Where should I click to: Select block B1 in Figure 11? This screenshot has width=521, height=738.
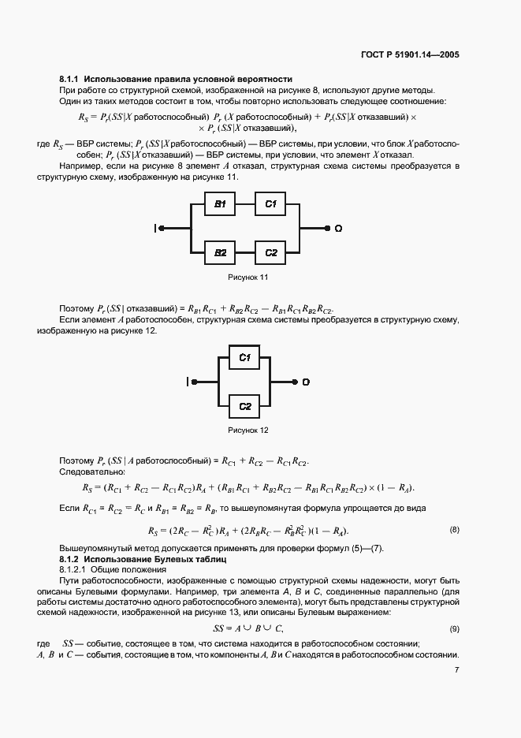220,204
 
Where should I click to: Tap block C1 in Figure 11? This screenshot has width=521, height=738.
270,204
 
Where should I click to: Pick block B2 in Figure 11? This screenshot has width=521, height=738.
220,252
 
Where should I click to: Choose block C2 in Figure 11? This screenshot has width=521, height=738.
270,252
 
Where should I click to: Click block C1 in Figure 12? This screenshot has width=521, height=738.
244,358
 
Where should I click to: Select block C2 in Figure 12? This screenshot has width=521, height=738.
244,406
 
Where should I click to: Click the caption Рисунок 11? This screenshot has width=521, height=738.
248,277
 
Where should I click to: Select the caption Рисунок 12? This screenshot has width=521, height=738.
248,430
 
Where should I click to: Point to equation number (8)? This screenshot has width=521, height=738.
454,529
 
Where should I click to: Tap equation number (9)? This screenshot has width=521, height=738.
454,628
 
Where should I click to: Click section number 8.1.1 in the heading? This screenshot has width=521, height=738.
69,79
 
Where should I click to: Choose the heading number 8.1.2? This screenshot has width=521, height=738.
69,558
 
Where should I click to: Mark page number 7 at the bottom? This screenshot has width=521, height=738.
456,671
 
